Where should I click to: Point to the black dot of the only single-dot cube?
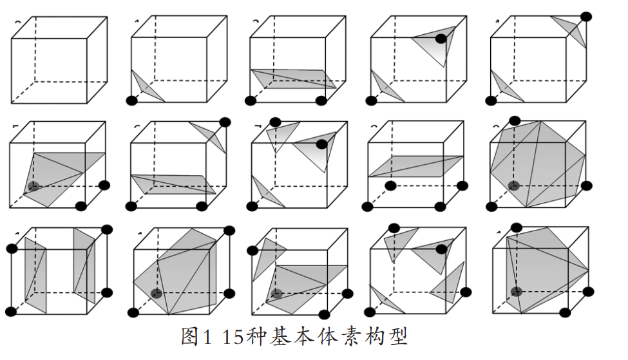133,100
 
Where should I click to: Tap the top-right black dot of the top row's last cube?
587,16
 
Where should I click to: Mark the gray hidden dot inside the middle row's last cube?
513,186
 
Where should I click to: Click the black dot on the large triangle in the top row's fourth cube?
441,39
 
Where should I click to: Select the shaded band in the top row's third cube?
293,79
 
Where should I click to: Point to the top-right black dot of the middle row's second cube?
225,122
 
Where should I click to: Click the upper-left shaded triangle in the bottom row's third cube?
268,258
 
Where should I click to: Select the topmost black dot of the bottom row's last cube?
515,227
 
